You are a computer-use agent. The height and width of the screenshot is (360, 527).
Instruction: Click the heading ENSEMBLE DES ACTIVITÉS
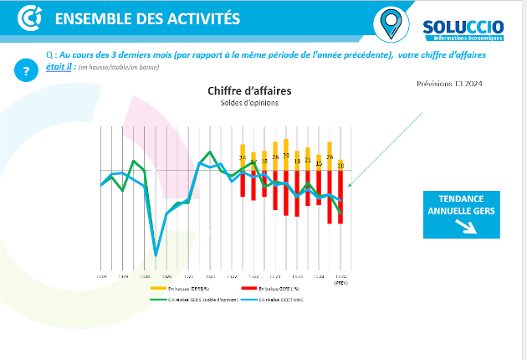point(146,19)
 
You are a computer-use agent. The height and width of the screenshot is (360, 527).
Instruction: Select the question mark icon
point(26,70)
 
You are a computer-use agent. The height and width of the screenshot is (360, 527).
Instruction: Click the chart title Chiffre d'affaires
point(248,90)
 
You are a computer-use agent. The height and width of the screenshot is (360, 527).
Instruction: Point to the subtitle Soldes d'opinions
point(248,103)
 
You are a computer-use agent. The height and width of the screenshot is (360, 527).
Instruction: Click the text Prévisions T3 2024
point(448,84)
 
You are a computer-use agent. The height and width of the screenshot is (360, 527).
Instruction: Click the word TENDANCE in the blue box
point(461,199)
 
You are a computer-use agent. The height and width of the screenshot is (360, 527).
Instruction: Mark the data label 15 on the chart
point(319,164)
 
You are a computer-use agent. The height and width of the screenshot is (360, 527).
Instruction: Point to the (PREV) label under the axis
point(340,283)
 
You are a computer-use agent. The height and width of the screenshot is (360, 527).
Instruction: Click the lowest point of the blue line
point(156,255)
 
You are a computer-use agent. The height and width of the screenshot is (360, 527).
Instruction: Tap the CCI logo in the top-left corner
point(30,18)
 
